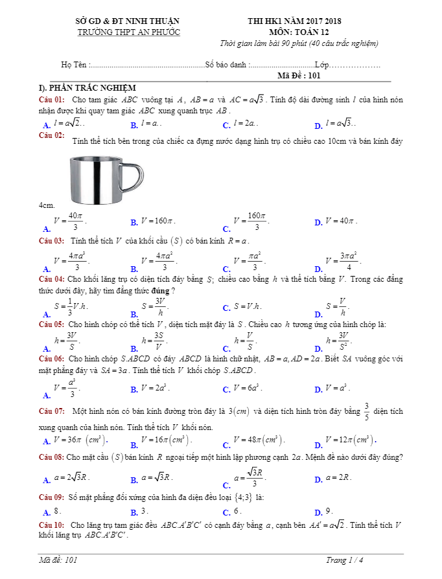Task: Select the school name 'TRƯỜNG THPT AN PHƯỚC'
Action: pyautogui.click(x=128, y=32)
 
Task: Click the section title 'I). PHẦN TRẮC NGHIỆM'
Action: pyautogui.click(x=87, y=87)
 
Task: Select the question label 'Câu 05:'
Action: pyautogui.click(x=52, y=323)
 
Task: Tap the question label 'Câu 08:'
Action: pyautogui.click(x=52, y=457)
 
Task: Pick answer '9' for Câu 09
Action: pyautogui.click(x=329, y=511)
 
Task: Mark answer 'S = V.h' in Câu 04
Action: pyautogui.click(x=247, y=306)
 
